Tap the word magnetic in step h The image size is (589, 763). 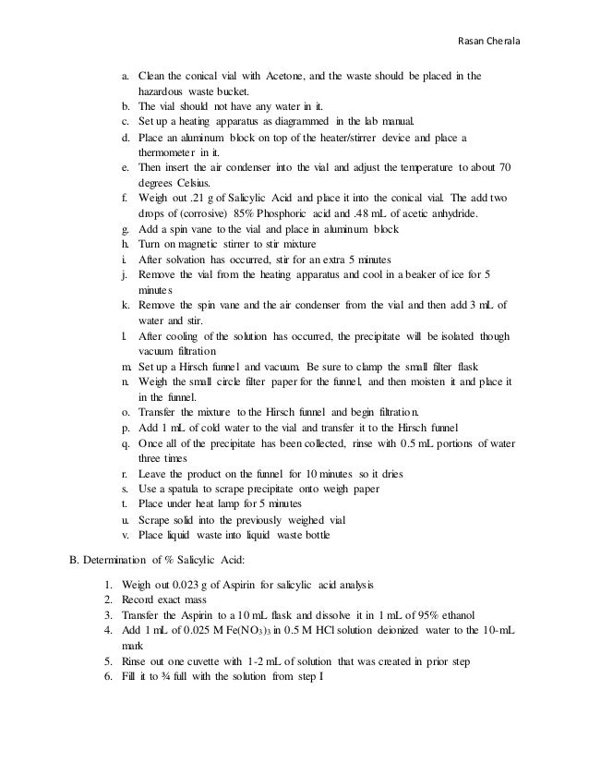(x=195, y=243)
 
